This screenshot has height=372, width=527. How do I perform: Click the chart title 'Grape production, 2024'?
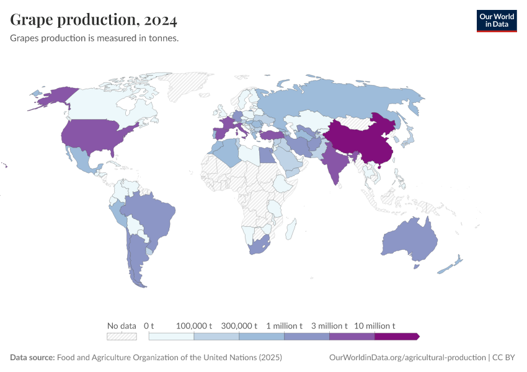click(x=94, y=20)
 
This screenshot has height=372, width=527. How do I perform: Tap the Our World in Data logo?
click(x=496, y=20)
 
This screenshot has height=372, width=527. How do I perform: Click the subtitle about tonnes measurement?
click(x=94, y=38)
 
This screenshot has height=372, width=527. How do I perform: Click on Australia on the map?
click(x=409, y=242)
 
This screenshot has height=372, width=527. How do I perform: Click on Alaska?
click(x=56, y=98)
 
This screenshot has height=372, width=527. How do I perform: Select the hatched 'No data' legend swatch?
click(x=122, y=336)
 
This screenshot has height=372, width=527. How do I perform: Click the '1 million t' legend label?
click(x=285, y=325)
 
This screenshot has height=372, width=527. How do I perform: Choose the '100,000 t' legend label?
click(x=194, y=325)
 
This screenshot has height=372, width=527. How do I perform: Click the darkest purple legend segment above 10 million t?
click(x=397, y=336)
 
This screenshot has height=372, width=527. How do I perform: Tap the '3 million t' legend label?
click(x=329, y=325)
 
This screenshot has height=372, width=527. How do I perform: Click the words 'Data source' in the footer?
click(x=32, y=358)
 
